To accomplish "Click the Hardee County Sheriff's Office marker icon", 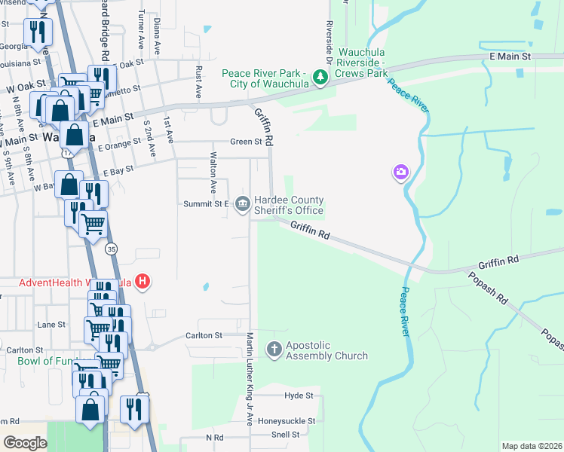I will (x=243, y=204).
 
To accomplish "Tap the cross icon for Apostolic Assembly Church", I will (x=274, y=349).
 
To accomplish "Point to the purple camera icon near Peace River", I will (x=400, y=173).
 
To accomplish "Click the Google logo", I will (x=25, y=443).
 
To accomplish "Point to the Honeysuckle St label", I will (x=286, y=421).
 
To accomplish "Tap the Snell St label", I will (x=285, y=435).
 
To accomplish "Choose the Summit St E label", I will (x=206, y=204).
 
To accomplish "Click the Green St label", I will (x=246, y=142).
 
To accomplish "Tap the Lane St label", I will (x=51, y=325).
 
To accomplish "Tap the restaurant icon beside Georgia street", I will (x=36, y=32).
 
